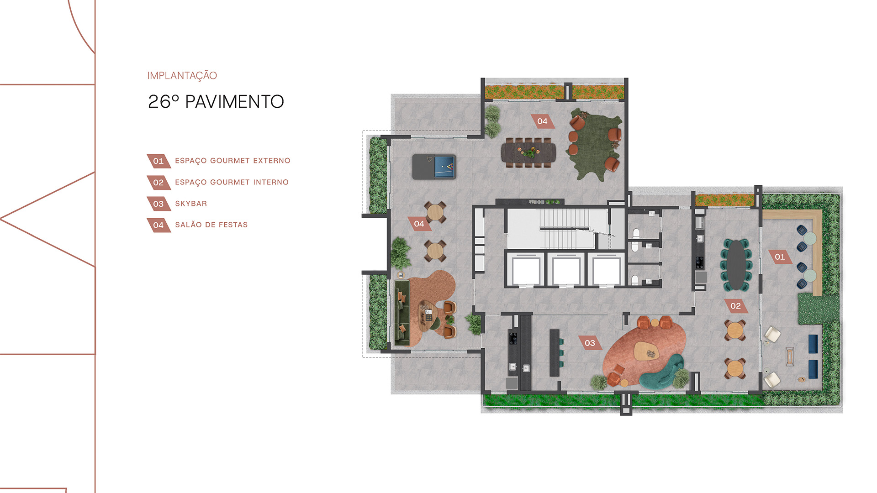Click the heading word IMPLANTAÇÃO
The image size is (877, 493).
pyautogui.click(x=182, y=76)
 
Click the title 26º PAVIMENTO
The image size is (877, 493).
pyautogui.click(x=216, y=102)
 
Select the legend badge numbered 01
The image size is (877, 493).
pyautogui.click(x=158, y=161)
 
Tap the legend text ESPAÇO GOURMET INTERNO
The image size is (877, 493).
pyautogui.click(x=232, y=182)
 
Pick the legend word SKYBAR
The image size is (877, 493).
pyautogui.click(x=191, y=204)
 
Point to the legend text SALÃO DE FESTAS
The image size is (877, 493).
pyautogui.click(x=211, y=225)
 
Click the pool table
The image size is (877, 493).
pyautogui.click(x=434, y=167)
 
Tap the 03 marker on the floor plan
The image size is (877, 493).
pyautogui.click(x=590, y=343)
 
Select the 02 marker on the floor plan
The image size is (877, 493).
pyautogui.click(x=735, y=306)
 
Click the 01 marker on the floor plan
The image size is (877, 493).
pyautogui.click(x=780, y=257)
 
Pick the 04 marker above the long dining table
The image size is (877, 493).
pyautogui.click(x=542, y=121)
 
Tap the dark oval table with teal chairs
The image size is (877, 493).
pyautogui.click(x=736, y=265)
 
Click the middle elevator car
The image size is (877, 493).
pyautogui.click(x=566, y=271)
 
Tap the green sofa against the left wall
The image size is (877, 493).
pyautogui.click(x=402, y=313)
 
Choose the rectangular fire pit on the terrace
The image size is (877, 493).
pyautogui.click(x=790, y=357)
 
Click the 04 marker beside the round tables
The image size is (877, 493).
pyautogui.click(x=419, y=224)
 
